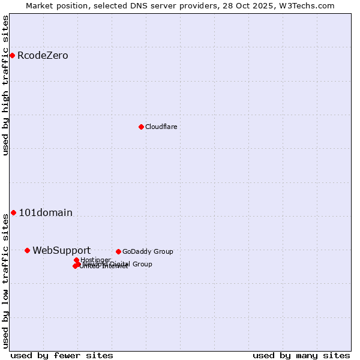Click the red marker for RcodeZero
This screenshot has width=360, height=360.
tap(12, 55)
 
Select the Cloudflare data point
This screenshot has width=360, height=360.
tap(141, 127)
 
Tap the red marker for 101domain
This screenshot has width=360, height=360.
tap(13, 212)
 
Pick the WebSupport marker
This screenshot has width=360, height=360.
tap(27, 250)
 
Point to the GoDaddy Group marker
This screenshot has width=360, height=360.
tap(118, 251)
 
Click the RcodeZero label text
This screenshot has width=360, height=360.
tap(43, 56)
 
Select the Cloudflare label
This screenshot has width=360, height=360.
tap(161, 127)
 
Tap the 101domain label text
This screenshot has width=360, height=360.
tap(46, 212)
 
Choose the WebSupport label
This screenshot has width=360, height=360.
tap(61, 251)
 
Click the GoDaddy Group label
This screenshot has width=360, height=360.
tap(148, 252)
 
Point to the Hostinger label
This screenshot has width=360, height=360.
tap(95, 260)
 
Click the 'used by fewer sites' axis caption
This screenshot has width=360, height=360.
tap(62, 355)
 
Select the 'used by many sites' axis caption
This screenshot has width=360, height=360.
tap(301, 355)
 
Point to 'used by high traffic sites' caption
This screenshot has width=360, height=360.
tap(5, 85)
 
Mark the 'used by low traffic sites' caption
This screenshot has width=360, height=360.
tap(5, 280)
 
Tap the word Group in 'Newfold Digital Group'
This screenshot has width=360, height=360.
tap(142, 264)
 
